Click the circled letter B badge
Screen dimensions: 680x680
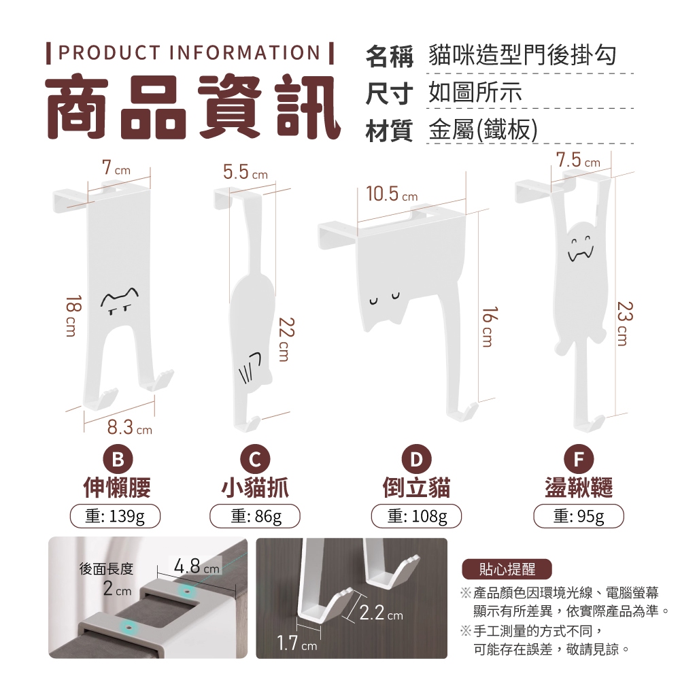click(x=117, y=459)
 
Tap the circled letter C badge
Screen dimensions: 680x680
click(x=255, y=459)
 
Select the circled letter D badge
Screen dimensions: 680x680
click(x=416, y=459)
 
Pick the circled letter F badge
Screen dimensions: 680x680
click(x=579, y=459)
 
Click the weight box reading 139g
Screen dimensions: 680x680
click(x=115, y=516)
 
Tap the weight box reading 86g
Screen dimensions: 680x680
click(x=255, y=516)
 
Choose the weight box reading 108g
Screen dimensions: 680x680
click(x=416, y=516)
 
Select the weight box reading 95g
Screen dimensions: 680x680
click(x=579, y=516)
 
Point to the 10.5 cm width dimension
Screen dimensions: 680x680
click(x=392, y=194)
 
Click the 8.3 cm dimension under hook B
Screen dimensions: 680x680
click(x=130, y=428)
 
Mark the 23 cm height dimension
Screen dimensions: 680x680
click(x=624, y=324)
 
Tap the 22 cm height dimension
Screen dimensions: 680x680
click(x=286, y=339)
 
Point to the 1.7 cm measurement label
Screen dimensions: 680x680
click(x=297, y=643)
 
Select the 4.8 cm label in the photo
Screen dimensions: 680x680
click(x=197, y=566)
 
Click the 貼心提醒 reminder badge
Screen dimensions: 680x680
click(x=507, y=569)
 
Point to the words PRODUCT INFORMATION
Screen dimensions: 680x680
click(x=190, y=52)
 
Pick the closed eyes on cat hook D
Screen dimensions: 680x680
click(x=384, y=299)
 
